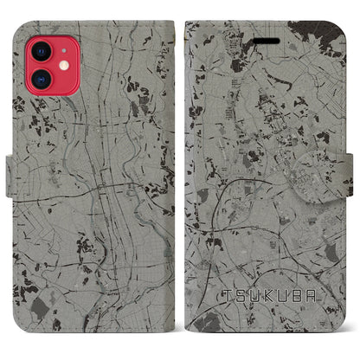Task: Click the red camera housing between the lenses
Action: click(42, 65)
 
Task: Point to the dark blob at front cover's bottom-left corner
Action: click(198, 320)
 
